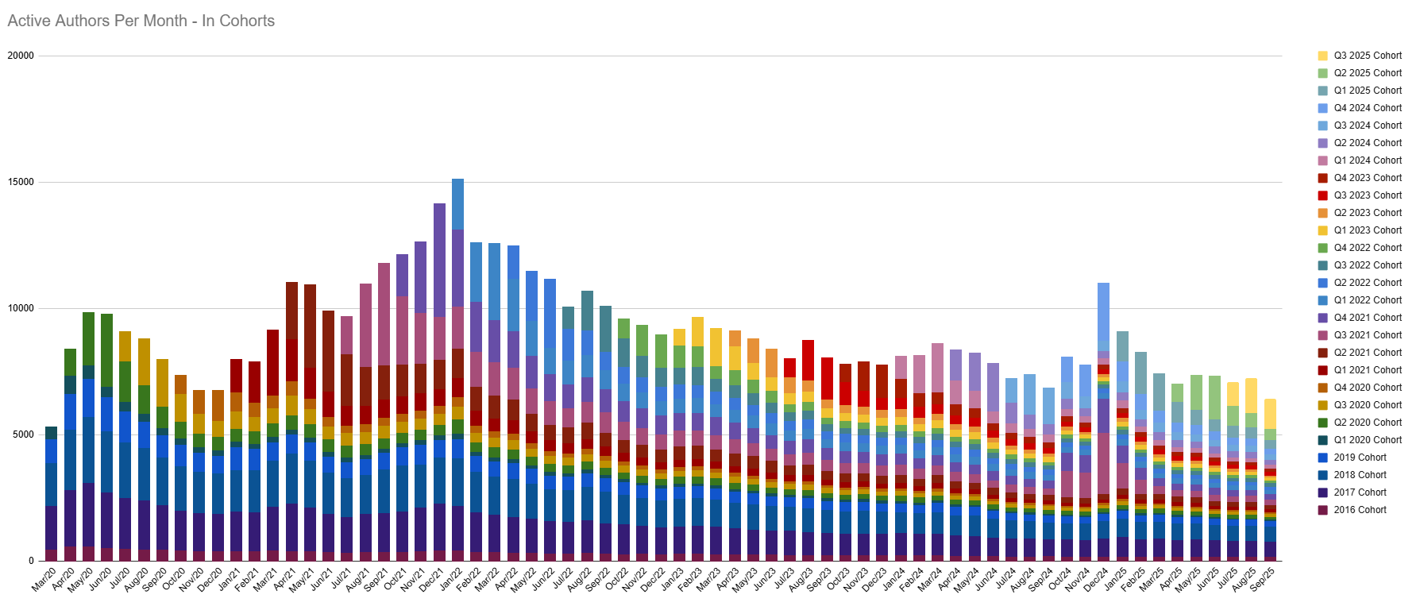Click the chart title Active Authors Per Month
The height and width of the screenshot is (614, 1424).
[141, 21]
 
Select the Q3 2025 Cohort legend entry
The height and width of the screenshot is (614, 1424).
[1368, 56]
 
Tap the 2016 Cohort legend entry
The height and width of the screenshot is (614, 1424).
[1360, 510]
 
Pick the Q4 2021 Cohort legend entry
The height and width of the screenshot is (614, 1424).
[1368, 318]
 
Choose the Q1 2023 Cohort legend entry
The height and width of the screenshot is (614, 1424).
[1368, 230]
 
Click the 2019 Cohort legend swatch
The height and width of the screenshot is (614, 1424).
[1323, 458]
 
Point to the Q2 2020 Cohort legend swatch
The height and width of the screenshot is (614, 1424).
[1323, 423]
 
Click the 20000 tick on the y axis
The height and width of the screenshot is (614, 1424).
[21, 56]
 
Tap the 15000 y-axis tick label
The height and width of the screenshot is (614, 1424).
[21, 182]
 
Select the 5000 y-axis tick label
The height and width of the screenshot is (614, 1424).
[24, 434]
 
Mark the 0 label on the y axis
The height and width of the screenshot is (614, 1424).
[31, 561]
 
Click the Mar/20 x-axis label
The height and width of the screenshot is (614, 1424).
[44, 579]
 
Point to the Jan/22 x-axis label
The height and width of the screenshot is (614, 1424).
[451, 579]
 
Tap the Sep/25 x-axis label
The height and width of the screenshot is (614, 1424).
[1263, 579]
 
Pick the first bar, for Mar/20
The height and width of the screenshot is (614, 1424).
[51, 492]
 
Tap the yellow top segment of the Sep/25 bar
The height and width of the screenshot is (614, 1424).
[1270, 414]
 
